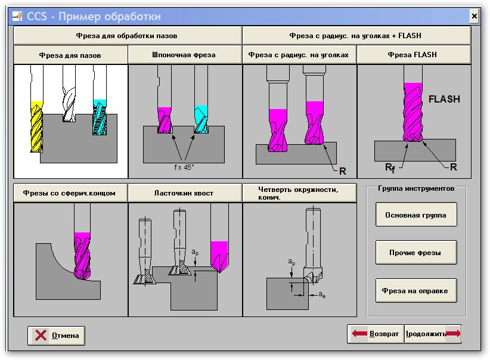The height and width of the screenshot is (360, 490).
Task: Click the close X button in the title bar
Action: point(475,16)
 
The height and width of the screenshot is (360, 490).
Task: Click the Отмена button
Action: point(57,335)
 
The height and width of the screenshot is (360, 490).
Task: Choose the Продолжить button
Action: point(433,334)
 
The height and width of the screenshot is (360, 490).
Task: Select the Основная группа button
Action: point(416,215)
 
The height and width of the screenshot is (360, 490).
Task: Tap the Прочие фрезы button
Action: point(416,253)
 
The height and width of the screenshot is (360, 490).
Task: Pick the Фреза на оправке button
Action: point(416,291)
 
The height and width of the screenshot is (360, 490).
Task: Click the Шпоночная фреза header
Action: point(185,55)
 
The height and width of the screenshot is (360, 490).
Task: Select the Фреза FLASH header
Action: point(414,55)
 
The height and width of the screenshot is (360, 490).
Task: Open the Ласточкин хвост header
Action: point(185,193)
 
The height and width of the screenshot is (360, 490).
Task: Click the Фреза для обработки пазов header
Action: point(127,35)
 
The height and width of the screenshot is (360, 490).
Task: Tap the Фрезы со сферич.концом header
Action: point(70,193)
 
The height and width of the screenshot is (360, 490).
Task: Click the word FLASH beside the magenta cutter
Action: point(444,100)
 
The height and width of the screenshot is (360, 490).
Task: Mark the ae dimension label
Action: point(321,294)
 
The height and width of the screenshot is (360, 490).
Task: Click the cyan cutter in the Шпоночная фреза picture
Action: point(201,117)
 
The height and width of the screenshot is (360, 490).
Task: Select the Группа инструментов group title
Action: point(415,189)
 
